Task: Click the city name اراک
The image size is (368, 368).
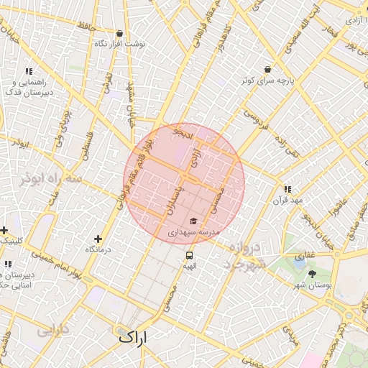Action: (x=131, y=336)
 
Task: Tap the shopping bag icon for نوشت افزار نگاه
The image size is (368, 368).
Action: (x=119, y=33)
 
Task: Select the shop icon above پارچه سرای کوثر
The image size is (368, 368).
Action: (x=268, y=69)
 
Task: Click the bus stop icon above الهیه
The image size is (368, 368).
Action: (x=189, y=255)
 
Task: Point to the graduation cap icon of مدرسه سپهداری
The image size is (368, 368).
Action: (x=193, y=221)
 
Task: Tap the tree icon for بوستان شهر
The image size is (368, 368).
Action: (x=311, y=275)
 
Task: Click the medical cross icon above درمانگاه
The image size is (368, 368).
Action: (x=98, y=239)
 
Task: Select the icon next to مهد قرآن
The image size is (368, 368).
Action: (x=287, y=188)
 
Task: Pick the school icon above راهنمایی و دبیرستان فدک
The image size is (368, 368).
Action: (x=29, y=72)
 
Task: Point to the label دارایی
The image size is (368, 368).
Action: (x=52, y=331)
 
